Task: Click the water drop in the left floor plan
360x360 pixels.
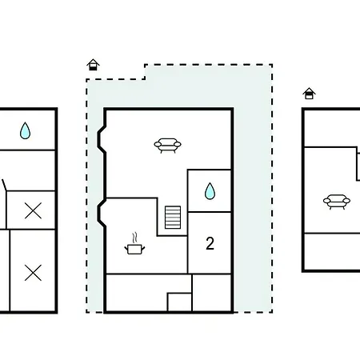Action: [25, 130]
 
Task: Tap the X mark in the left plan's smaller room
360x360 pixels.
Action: [33, 210]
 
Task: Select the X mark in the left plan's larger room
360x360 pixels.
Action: [33, 273]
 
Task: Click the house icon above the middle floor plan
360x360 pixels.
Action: [93, 65]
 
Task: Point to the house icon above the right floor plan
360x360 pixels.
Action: [309, 94]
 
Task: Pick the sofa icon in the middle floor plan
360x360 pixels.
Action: [167, 146]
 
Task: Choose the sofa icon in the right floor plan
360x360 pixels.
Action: [337, 202]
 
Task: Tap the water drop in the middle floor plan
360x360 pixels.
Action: [210, 191]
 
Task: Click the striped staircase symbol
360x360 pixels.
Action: [173, 218]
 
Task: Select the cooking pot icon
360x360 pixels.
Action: [134, 249]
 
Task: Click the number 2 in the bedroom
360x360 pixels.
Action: [210, 243]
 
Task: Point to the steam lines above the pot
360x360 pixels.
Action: [135, 238]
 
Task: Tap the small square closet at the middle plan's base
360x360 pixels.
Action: [179, 302]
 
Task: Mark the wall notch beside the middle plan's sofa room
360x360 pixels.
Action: [102, 139]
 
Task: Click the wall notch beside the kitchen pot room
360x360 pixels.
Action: [102, 213]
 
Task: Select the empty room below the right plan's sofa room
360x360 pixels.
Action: [332, 252]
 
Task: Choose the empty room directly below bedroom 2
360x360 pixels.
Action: [211, 293]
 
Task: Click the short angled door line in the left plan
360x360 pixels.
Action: [4, 185]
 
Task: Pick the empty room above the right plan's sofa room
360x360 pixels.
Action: [331, 128]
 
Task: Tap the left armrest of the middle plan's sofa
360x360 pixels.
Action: [158, 145]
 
